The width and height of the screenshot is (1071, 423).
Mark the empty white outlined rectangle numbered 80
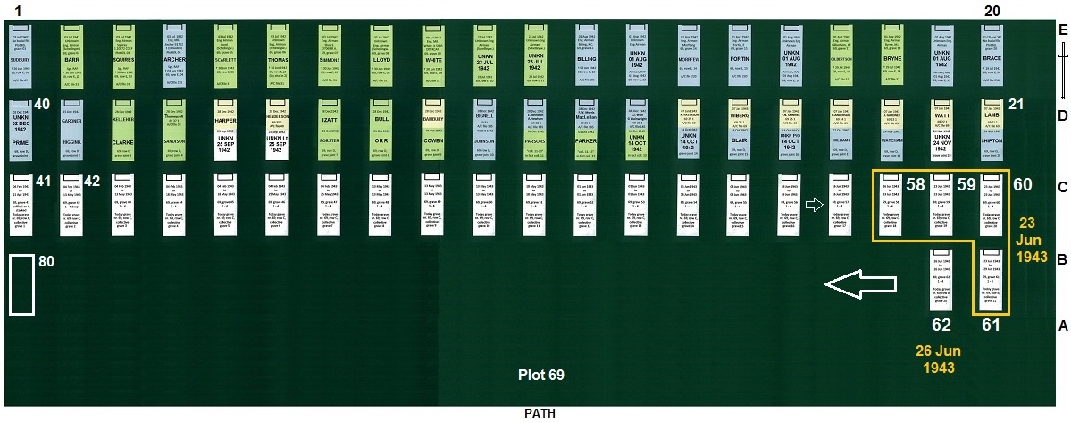click(x=22, y=284)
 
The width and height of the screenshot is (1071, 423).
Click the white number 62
click(x=941, y=324)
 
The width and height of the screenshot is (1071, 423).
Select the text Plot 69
click(x=541, y=375)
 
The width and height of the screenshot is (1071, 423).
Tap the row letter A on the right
click(x=1062, y=326)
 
